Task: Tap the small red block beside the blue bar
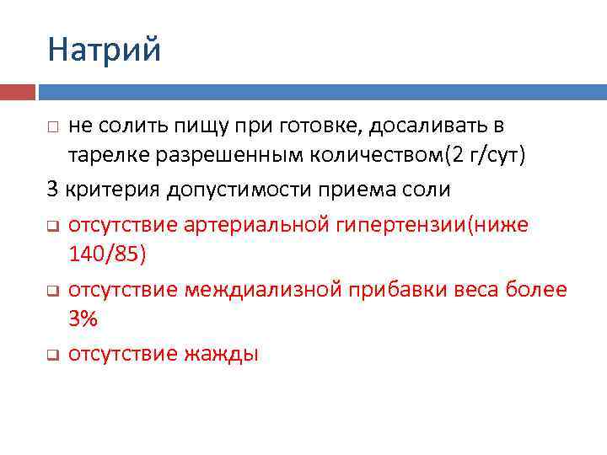point(18,91)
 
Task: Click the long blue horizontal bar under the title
point(321,91)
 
